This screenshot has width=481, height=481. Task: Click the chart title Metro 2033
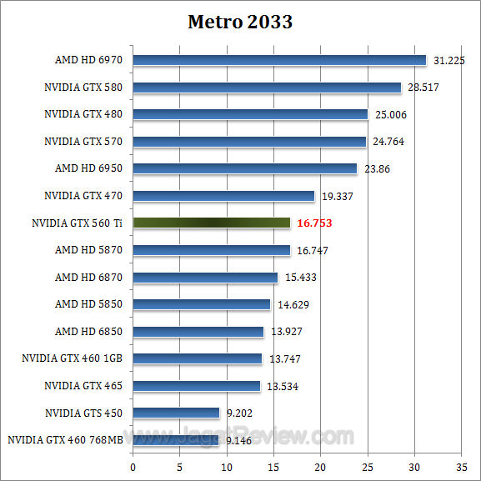click(x=240, y=22)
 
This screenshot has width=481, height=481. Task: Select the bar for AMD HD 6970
click(x=279, y=60)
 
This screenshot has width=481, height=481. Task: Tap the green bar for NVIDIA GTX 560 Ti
click(x=212, y=223)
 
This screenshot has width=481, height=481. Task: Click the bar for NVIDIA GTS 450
click(x=176, y=413)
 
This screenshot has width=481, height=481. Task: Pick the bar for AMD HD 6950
click(x=245, y=168)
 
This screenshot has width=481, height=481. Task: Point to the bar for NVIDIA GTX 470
click(x=223, y=196)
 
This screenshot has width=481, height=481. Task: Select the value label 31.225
click(x=449, y=60)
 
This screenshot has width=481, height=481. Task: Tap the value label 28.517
click(x=424, y=87)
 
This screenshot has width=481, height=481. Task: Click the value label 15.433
click(x=300, y=277)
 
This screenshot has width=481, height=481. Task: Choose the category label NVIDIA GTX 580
click(x=83, y=87)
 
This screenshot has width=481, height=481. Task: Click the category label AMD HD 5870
click(x=88, y=249)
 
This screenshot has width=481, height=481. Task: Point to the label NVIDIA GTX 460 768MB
click(x=65, y=439)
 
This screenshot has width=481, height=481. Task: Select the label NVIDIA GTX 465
click(x=83, y=385)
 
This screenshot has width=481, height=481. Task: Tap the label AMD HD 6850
click(x=88, y=331)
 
